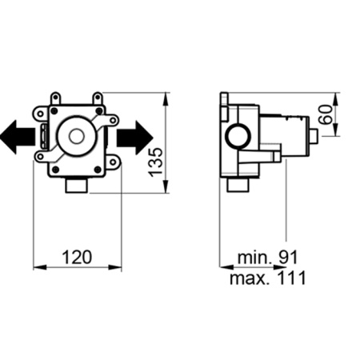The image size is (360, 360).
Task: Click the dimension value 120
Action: [77, 257]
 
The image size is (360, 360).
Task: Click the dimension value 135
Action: [155, 162]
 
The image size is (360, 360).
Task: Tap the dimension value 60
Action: [326, 114]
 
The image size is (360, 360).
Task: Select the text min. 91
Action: [267, 257]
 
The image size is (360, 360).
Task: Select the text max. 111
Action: [268, 278]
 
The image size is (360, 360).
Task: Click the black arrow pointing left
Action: [18, 137]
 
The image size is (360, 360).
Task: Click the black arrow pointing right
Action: [134, 138]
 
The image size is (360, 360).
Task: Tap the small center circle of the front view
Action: [77, 136]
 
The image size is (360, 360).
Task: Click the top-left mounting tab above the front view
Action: [55, 98]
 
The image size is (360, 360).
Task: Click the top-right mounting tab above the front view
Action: [98, 98]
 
